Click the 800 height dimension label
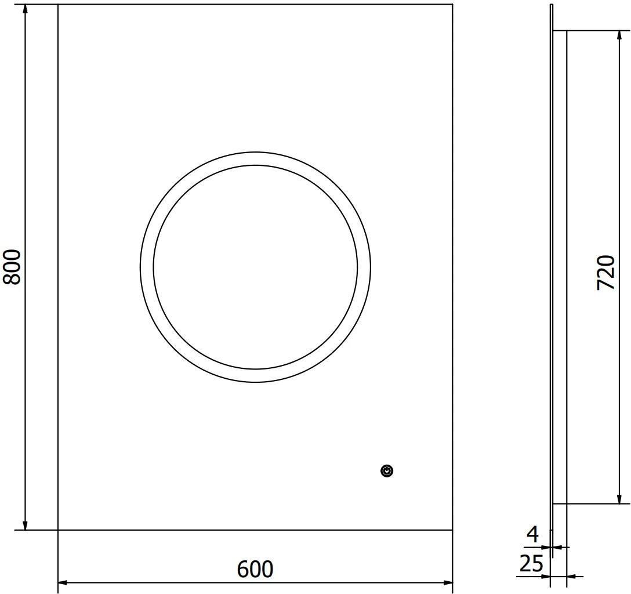point(12,267)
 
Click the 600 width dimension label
point(255,570)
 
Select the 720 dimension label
point(605,272)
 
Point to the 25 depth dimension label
point(531,564)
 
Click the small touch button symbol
point(387,471)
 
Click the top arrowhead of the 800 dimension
point(25,9)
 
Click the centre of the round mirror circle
point(255,267)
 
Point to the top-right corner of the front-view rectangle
point(452,5)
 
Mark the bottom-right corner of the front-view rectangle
point(452,530)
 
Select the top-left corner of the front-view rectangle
point(58,5)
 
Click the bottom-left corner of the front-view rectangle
point(58,530)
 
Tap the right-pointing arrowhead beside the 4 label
point(545,546)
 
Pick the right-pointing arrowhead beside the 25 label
point(545,576)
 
